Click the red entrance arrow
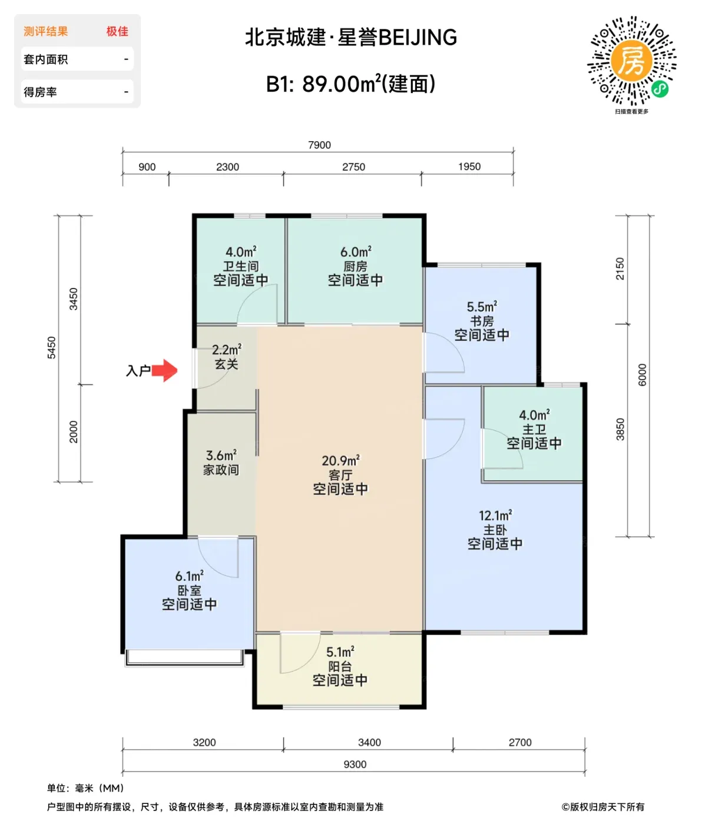point(164,370)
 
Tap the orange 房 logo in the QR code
point(631,60)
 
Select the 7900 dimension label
point(319,145)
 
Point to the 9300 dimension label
point(355,764)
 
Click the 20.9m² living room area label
point(340,461)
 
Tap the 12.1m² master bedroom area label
point(495,516)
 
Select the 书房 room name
point(482,321)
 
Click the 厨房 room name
point(355,266)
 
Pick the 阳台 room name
point(340,666)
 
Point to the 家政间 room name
point(221,470)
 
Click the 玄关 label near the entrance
point(227,364)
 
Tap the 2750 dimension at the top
point(353,167)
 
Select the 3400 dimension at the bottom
point(369,742)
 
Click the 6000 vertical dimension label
point(642,375)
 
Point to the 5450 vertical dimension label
point(51,348)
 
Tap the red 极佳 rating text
point(117,31)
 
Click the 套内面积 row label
point(45,59)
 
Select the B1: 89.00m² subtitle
point(350,84)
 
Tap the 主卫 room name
point(534,429)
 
